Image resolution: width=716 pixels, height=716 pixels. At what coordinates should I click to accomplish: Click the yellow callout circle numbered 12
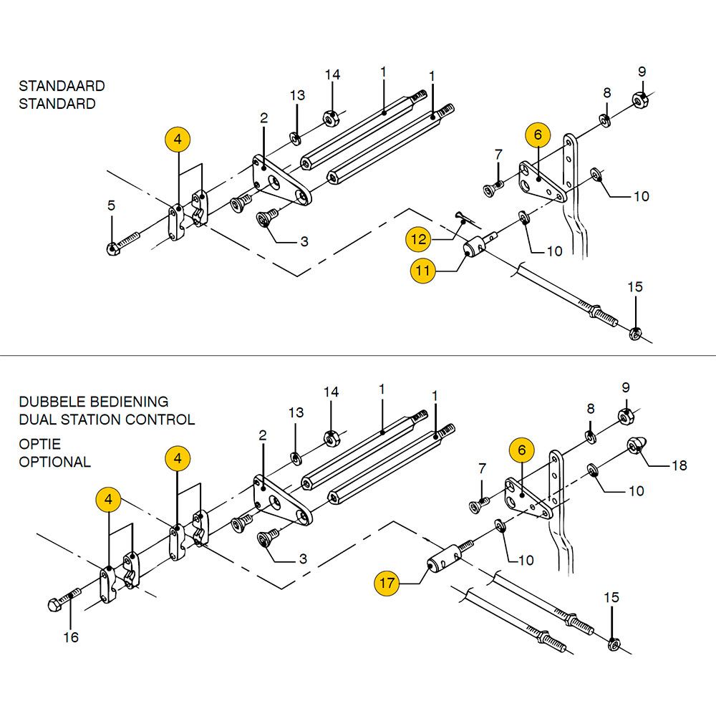tap(417, 239)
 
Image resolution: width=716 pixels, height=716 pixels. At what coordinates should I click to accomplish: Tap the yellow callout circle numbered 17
tap(387, 584)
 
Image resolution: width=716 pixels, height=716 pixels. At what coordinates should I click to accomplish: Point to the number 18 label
tap(679, 466)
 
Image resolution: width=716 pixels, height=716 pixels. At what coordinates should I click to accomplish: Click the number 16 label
tap(72, 637)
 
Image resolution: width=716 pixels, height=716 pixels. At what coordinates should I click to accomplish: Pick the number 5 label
tap(111, 206)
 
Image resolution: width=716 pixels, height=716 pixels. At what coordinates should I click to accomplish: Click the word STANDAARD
tap(62, 86)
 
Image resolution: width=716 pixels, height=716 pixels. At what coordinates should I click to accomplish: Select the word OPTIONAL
tap(55, 462)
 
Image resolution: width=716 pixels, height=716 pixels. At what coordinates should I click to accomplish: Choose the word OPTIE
tap(39, 444)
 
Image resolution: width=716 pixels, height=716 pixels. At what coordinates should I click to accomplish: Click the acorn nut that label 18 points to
tap(635, 445)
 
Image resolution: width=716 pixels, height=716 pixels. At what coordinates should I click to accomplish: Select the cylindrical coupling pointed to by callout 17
tap(444, 558)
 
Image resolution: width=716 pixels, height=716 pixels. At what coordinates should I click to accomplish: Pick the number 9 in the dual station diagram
tap(626, 387)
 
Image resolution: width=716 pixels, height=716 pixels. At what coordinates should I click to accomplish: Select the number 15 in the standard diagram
tap(635, 287)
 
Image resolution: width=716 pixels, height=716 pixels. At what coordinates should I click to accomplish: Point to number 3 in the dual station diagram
tap(303, 559)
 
